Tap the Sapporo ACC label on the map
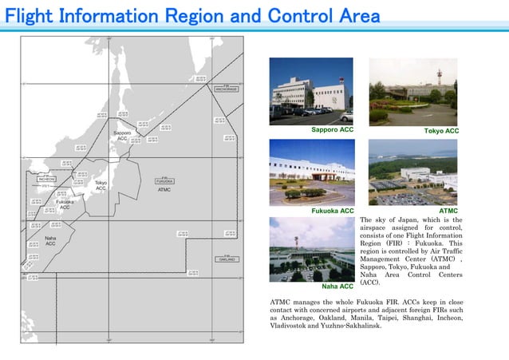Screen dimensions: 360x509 pyautogui.click(x=122, y=135)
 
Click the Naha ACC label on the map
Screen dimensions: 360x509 pyautogui.click(x=50, y=240)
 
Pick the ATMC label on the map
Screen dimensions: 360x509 pyautogui.click(x=164, y=190)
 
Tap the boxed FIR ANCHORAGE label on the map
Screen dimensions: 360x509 pyautogui.click(x=226, y=87)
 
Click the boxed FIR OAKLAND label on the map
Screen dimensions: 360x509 pyautogui.click(x=226, y=259)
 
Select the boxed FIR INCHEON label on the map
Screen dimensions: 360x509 pyautogui.click(x=47, y=178)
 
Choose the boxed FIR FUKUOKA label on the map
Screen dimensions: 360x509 pyautogui.click(x=164, y=180)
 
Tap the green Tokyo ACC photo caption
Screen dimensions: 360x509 pyautogui.click(x=441, y=130)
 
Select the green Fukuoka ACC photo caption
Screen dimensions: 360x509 pyautogui.click(x=333, y=211)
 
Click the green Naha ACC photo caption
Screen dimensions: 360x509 pyautogui.click(x=337, y=285)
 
